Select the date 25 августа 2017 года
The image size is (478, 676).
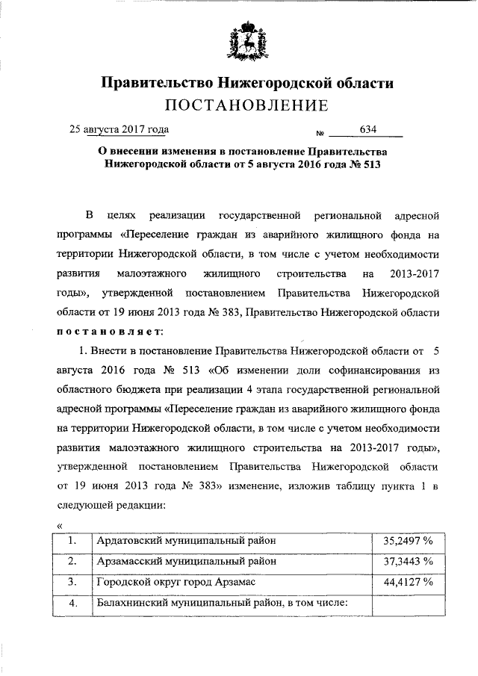pos(119,128)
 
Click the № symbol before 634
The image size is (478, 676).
pos(320,134)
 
